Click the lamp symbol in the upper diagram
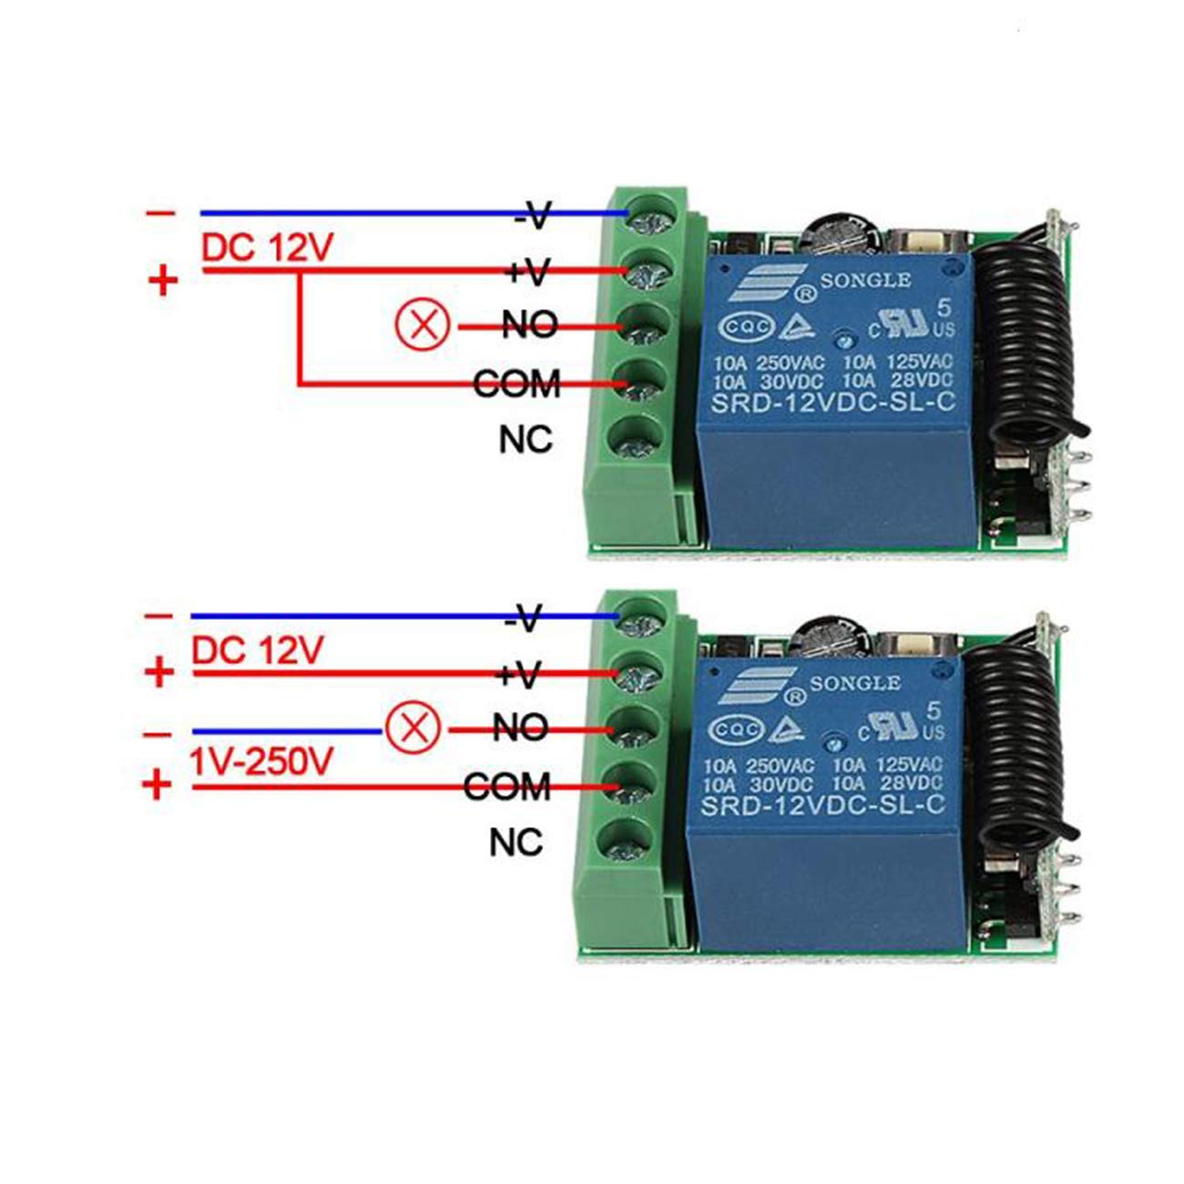(422, 324)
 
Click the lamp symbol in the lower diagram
(413, 728)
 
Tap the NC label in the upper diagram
(526, 439)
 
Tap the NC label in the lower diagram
(515, 842)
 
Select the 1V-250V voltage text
(261, 760)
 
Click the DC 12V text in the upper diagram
(269, 248)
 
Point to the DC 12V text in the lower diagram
(258, 650)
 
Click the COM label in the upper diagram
(516, 383)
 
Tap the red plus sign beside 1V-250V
(158, 785)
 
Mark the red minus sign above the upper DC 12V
(160, 213)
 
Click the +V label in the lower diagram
(519, 674)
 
